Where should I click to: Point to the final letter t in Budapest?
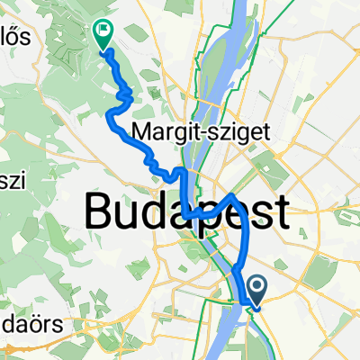point(282,213)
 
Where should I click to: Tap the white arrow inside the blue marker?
point(256,287)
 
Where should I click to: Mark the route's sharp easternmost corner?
point(233,193)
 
